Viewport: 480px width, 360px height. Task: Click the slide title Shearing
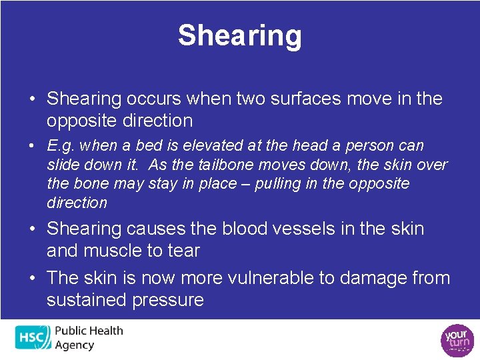pyautogui.click(x=239, y=35)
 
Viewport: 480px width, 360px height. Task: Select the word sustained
pyautogui.click(x=85, y=300)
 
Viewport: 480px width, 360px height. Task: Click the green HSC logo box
pyautogui.click(x=32, y=338)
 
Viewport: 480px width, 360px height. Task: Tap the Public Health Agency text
pyautogui.click(x=88, y=337)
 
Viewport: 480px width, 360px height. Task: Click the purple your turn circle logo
pyautogui.click(x=456, y=339)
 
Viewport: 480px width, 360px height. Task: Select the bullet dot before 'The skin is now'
pyautogui.click(x=32, y=278)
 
